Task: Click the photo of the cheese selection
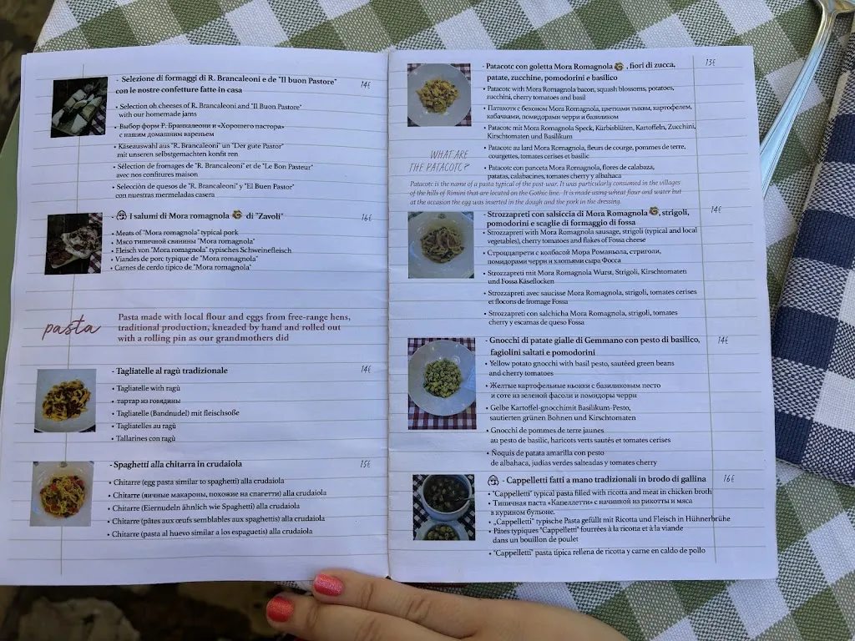click(x=79, y=107)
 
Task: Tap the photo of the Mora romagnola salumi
click(x=73, y=243)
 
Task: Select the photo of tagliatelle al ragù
click(x=65, y=401)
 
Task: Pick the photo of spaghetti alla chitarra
click(x=62, y=493)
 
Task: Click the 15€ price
click(x=366, y=465)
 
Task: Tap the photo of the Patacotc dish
click(x=438, y=94)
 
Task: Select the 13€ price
click(x=711, y=63)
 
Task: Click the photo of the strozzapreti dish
click(x=441, y=244)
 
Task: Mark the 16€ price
click(x=728, y=479)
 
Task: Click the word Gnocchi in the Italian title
click(x=505, y=341)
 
